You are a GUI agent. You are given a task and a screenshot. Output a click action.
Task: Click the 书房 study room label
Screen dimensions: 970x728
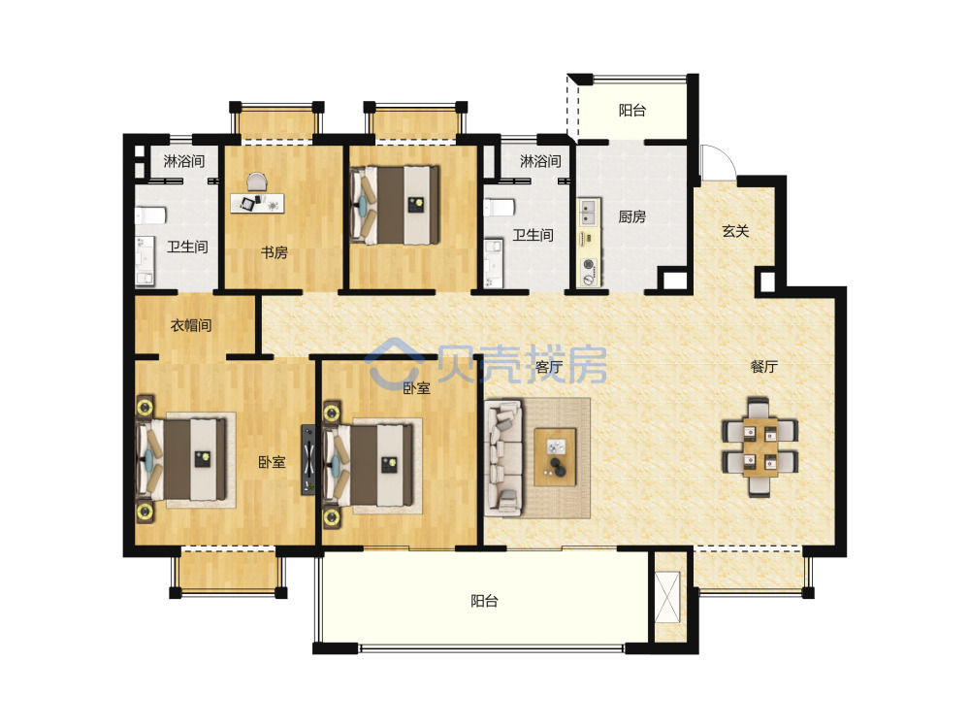click(x=274, y=252)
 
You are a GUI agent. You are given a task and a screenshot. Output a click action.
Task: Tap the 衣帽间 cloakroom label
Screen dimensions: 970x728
click(x=191, y=325)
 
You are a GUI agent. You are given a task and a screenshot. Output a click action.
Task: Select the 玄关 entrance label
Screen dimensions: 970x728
click(x=735, y=232)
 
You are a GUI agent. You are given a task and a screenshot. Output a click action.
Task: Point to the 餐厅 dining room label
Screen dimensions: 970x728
click(x=764, y=367)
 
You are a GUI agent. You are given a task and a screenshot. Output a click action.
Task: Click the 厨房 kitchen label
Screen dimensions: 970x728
click(x=631, y=216)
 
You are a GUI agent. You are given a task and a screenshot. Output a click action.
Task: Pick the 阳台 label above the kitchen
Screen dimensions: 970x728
click(x=632, y=111)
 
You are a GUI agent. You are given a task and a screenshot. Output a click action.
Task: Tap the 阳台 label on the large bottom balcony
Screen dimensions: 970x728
click(x=484, y=601)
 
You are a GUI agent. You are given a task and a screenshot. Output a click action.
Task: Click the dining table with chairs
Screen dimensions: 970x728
click(x=760, y=447)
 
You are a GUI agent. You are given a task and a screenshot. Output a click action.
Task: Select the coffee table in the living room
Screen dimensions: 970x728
click(x=555, y=457)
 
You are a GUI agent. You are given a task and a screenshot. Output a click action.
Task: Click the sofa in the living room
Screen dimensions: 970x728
click(x=504, y=457)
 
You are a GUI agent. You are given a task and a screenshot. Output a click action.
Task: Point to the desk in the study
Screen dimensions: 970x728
click(x=257, y=203)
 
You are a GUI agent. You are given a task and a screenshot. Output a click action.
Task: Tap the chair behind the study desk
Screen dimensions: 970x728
click(x=257, y=182)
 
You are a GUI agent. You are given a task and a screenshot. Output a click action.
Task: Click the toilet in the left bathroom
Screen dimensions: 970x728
click(x=150, y=215)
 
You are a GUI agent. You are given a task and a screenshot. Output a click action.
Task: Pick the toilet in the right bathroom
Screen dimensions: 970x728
click(x=499, y=207)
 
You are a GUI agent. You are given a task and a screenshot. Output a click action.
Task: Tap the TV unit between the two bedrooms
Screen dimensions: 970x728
click(x=308, y=460)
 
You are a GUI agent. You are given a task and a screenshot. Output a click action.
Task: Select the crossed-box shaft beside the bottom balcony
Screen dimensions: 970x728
click(x=667, y=597)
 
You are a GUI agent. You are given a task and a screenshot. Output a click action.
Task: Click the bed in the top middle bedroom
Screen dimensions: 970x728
click(x=395, y=205)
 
